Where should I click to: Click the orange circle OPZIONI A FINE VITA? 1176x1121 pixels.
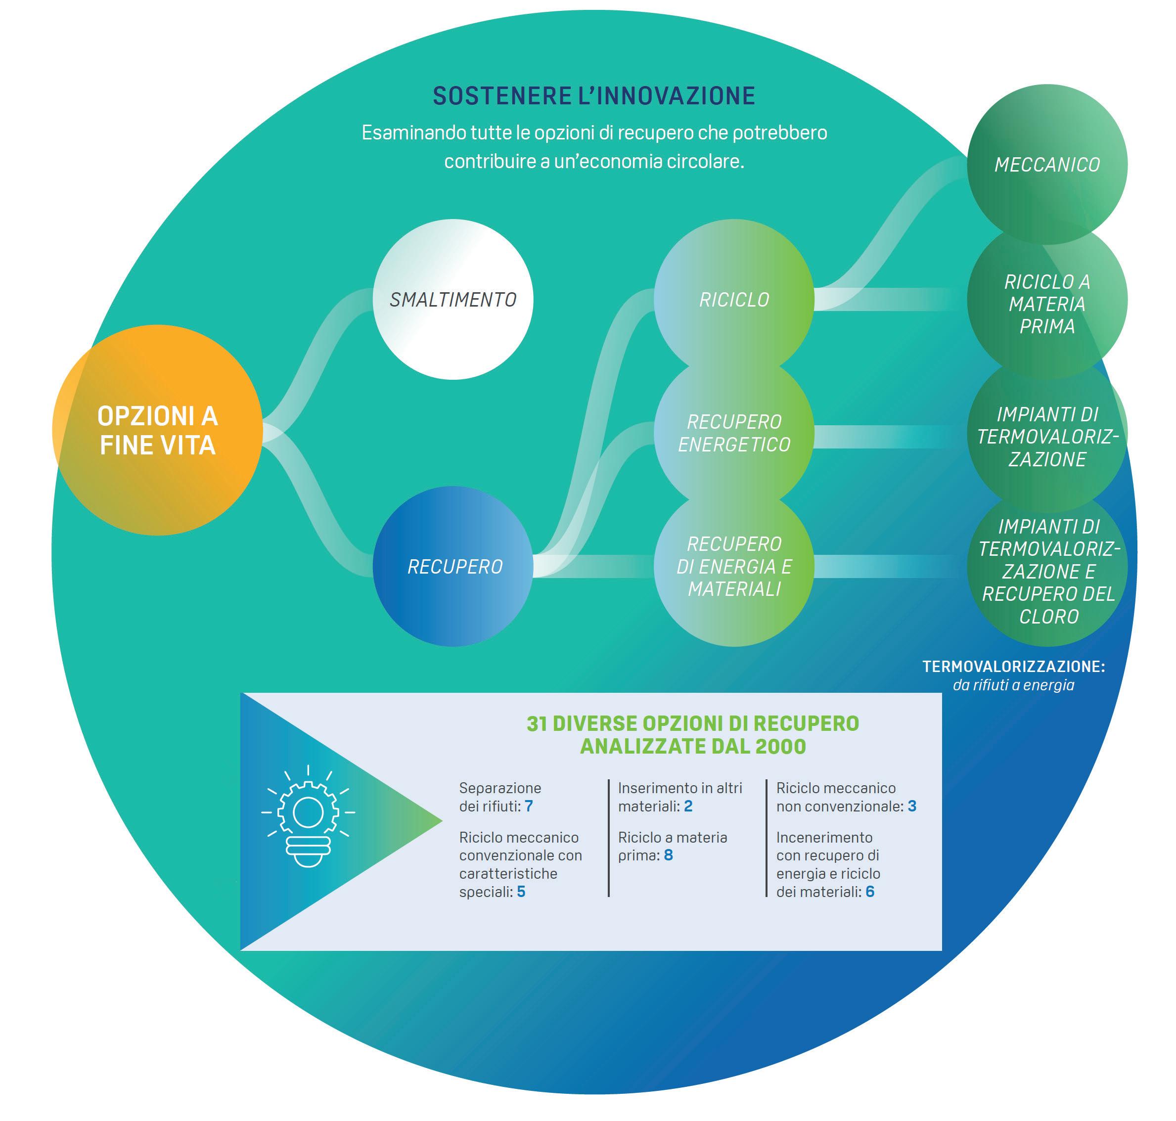[x=157, y=430]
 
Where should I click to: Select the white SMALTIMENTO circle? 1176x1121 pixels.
[x=452, y=299]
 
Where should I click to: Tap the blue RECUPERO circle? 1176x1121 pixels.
[x=452, y=566]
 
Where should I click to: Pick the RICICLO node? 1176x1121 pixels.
[x=734, y=299]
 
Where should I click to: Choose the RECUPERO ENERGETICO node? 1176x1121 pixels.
[x=734, y=433]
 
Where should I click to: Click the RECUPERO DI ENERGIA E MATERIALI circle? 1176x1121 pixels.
[x=734, y=566]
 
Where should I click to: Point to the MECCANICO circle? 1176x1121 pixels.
[x=1047, y=164]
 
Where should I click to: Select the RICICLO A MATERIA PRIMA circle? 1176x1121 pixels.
[x=1047, y=304]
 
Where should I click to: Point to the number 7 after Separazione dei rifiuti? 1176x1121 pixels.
[x=528, y=806]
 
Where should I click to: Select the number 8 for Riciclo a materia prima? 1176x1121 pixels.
[x=668, y=855]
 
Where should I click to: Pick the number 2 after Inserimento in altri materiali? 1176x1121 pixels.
[x=688, y=806]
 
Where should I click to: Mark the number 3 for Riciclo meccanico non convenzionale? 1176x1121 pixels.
[x=912, y=806]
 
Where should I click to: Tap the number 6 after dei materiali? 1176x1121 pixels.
[x=870, y=892]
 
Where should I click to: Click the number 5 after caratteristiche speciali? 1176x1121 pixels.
[x=521, y=892]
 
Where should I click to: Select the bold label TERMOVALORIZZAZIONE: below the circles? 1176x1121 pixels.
[x=1013, y=667]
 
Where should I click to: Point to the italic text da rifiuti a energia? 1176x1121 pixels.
[x=1013, y=685]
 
